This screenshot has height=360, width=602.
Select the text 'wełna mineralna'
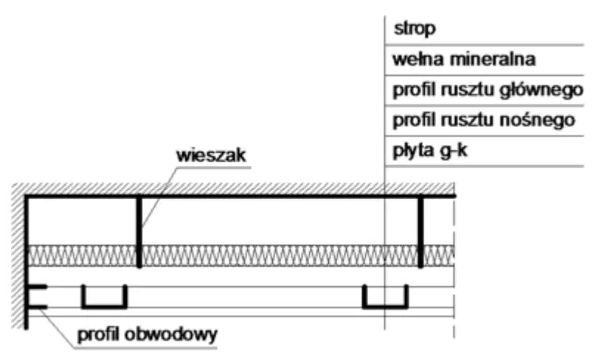464,59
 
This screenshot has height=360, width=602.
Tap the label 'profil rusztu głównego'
488,90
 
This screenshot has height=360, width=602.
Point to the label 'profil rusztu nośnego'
484,120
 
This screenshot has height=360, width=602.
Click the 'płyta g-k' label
430,150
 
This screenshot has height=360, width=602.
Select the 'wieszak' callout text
211,156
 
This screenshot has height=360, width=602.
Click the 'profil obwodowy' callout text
148,335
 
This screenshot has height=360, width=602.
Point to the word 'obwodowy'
171,335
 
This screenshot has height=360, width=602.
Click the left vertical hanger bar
139,232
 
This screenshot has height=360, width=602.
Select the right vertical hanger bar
421,232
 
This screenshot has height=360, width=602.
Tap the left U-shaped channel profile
104,306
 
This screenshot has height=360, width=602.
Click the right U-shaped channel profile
385,306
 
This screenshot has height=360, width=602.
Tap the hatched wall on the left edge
18,257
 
